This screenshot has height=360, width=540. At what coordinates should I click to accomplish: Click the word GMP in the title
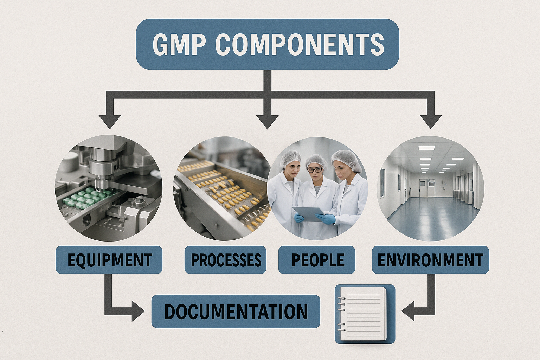[x=179, y=44]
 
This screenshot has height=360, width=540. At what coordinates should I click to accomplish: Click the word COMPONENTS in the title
[x=299, y=44]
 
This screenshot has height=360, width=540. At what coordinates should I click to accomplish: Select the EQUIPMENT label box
[x=109, y=260]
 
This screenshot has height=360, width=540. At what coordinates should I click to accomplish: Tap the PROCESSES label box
[x=225, y=260]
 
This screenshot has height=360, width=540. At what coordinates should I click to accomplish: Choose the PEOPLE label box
[x=317, y=260]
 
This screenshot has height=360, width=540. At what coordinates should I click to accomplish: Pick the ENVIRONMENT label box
[x=430, y=260]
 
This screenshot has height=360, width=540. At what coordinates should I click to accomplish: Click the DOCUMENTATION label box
[x=236, y=311]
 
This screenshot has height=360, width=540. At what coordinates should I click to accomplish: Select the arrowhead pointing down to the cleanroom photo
[x=431, y=121]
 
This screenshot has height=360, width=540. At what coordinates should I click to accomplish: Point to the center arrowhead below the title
[x=268, y=121]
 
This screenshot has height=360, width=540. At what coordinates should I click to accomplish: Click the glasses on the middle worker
[x=314, y=170]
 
